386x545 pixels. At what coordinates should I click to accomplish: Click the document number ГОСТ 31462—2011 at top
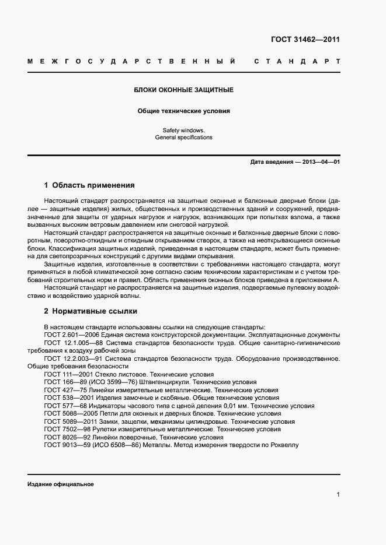305,40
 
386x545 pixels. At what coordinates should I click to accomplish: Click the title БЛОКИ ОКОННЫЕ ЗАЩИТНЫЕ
184,90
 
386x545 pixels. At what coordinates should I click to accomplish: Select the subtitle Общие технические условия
184,110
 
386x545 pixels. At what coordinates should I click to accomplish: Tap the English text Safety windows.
184,130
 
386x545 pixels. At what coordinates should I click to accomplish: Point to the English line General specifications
184,138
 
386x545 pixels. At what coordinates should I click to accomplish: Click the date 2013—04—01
321,162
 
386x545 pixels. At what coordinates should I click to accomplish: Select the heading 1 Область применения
89,185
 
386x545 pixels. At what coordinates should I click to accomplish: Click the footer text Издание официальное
60,484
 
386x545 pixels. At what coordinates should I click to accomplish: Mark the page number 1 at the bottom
338,495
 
